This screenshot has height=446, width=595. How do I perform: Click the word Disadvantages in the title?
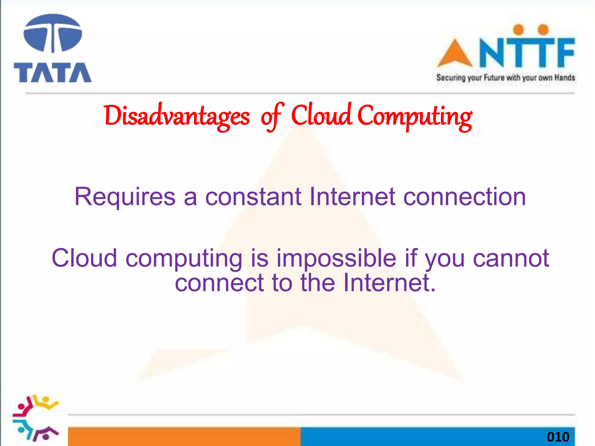tap(177, 116)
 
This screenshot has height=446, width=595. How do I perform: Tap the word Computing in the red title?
tap(415, 116)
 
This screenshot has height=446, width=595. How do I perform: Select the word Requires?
tap(125, 197)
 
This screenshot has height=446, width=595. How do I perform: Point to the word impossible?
tap(336, 258)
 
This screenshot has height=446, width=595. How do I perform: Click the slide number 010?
tap(558, 437)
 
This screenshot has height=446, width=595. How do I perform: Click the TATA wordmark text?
tap(53, 73)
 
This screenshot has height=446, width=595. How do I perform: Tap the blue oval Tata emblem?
tap(53, 33)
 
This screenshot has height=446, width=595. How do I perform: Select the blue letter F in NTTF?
tap(564, 52)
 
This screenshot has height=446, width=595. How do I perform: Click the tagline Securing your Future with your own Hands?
tap(506, 78)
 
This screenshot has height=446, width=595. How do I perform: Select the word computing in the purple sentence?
tap(184, 258)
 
